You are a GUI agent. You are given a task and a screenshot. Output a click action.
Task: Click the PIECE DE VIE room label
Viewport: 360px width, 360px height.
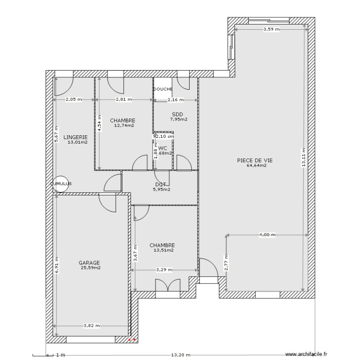pyautogui.click(x=252, y=160)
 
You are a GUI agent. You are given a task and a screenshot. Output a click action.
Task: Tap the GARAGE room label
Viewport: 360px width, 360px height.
pyautogui.click(x=89, y=263)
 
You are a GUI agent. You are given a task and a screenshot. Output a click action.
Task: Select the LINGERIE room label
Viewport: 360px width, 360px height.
pyautogui.click(x=75, y=137)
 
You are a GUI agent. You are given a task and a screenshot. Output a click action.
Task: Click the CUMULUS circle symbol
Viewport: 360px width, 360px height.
pyautogui.click(x=61, y=183)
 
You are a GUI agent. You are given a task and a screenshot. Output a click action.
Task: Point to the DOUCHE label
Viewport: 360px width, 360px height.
pyautogui.click(x=163, y=89)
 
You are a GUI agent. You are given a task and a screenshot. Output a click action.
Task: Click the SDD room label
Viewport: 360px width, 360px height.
pyautogui.click(x=178, y=114)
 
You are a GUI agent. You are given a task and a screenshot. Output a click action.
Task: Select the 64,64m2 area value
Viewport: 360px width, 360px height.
pyautogui.click(x=256, y=166)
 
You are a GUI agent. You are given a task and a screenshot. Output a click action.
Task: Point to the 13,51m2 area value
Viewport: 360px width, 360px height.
pyautogui.click(x=163, y=250)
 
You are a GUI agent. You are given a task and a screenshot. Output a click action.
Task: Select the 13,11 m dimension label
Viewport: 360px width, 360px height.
pyautogui.click(x=303, y=156)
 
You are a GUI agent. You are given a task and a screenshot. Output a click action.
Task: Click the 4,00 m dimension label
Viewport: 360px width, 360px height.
pyautogui.click(x=267, y=235)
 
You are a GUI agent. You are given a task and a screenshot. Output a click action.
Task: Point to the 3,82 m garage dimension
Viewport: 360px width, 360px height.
pyautogui.click(x=91, y=325)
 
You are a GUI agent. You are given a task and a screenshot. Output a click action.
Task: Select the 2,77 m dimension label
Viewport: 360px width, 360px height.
pyautogui.click(x=226, y=263)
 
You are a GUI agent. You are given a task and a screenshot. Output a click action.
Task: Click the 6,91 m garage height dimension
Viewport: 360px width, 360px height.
pyautogui.click(x=56, y=262)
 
